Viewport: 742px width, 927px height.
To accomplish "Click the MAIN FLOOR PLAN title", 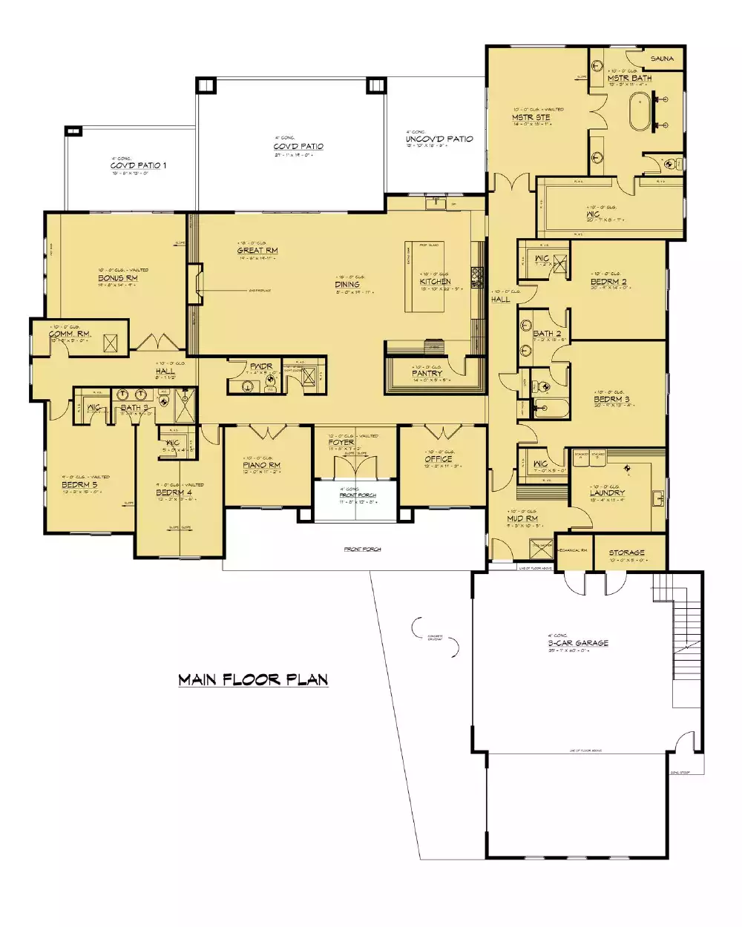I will (x=253, y=679).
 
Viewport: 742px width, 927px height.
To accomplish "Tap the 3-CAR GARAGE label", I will (x=578, y=643).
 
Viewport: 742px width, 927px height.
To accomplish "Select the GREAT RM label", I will (x=257, y=251).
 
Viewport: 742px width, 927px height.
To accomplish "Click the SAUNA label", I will (x=662, y=58).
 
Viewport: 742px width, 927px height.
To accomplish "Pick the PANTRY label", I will (x=427, y=374).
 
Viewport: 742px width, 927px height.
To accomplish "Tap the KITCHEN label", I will (x=435, y=282).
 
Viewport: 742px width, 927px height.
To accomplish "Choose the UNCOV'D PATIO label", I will (x=439, y=139).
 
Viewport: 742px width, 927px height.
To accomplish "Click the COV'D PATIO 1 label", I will (x=139, y=165).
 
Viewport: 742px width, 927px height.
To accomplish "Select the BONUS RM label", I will (x=118, y=278).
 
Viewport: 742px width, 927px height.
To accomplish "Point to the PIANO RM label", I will (x=261, y=466).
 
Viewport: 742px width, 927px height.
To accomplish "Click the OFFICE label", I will (x=438, y=460).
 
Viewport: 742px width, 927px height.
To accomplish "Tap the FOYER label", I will (x=341, y=443).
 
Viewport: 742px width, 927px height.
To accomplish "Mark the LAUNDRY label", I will (x=607, y=492).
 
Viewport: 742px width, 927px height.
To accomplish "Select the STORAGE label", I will (x=626, y=552).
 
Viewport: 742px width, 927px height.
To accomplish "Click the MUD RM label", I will (x=522, y=519).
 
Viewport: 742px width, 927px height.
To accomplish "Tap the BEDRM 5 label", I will (x=79, y=485).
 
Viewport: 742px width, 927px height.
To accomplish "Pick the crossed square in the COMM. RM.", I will (x=111, y=342).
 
